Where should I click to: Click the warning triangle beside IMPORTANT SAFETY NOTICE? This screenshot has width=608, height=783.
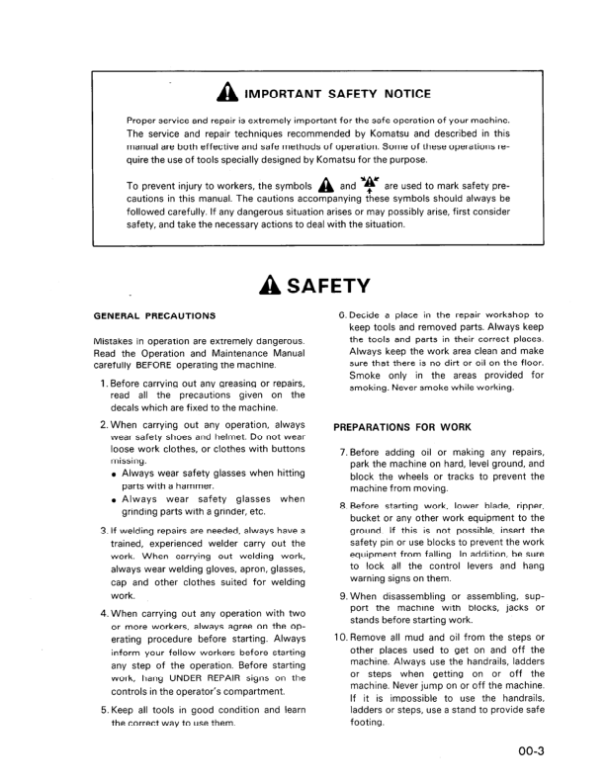tap(222, 95)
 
